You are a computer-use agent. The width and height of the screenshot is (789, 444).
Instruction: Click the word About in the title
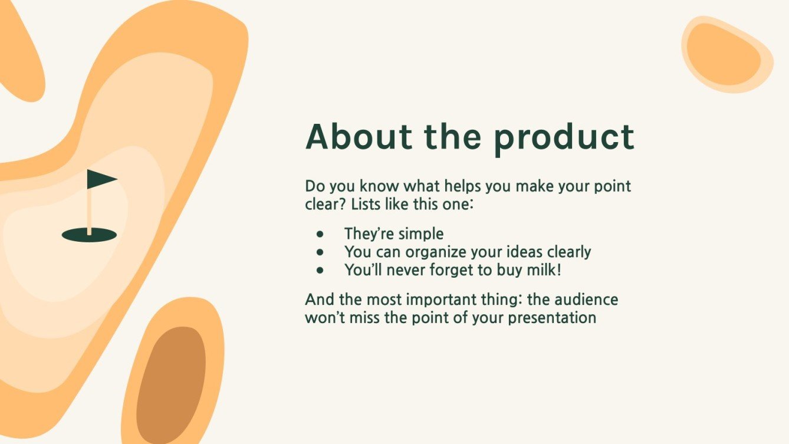coord(359,137)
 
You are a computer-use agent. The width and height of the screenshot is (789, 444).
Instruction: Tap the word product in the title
coord(564,140)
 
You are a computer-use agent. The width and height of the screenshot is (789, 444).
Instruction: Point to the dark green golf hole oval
coord(89,235)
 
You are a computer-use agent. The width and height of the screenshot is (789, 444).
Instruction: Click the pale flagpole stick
coord(90,212)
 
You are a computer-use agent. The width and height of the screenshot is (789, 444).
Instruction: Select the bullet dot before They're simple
coord(320,234)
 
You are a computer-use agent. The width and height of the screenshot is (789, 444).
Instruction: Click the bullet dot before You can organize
coord(320,252)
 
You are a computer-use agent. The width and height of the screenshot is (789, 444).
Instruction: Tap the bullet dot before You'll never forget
coord(320,271)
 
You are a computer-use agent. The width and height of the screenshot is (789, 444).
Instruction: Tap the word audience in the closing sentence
coord(586,300)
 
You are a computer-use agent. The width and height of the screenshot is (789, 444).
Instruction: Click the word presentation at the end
coord(552,318)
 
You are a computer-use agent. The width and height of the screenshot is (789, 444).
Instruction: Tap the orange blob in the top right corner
coord(726,55)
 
